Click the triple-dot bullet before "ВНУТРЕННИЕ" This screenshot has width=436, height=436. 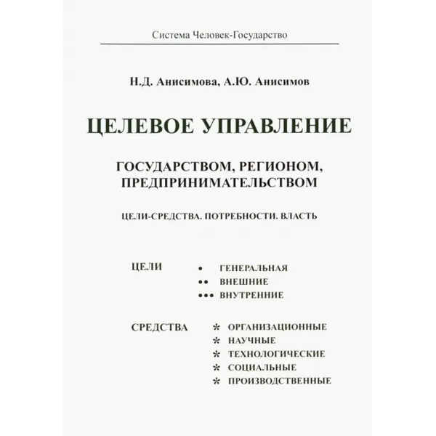click(208, 295)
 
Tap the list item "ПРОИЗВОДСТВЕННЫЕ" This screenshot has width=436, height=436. click(280, 381)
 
